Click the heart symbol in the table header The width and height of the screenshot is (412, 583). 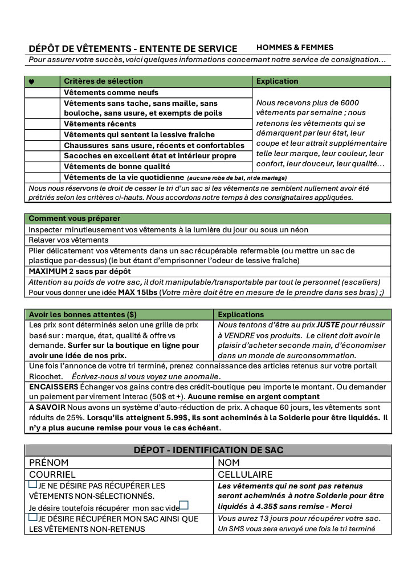tap(31, 81)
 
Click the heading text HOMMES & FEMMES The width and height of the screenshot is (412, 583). tap(295, 48)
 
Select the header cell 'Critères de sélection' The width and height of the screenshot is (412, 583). tap(103, 81)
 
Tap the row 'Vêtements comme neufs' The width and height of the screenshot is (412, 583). tap(111, 92)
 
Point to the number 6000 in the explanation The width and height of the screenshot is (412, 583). tap(347, 103)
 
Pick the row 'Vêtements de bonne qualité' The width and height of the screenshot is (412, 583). tap(117, 167)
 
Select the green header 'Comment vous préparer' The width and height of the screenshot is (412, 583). tap(74, 219)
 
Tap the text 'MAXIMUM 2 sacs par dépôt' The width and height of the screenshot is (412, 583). tap(80, 271)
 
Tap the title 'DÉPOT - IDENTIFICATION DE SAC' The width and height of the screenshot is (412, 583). tap(208, 450)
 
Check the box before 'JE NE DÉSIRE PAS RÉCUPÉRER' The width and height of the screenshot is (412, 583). tap(32, 485)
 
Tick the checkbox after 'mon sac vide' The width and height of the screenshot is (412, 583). tap(184, 506)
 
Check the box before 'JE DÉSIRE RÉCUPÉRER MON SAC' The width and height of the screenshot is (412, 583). tap(32, 518)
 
